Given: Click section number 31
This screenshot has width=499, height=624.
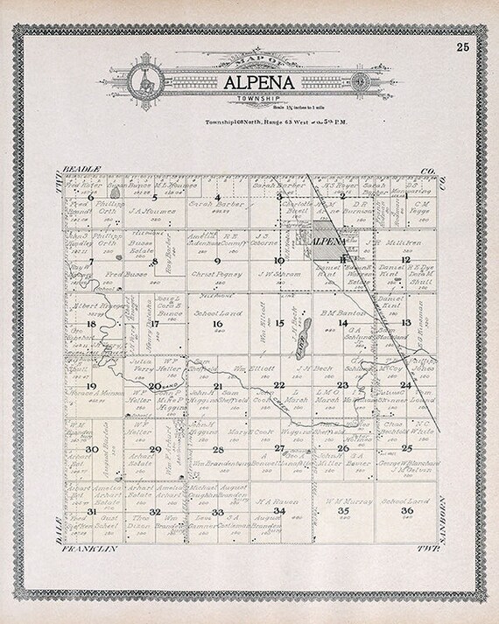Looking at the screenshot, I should [x=91, y=511].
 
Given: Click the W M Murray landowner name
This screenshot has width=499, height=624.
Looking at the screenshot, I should [x=344, y=500].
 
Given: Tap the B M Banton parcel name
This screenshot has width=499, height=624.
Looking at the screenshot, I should [x=342, y=311].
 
